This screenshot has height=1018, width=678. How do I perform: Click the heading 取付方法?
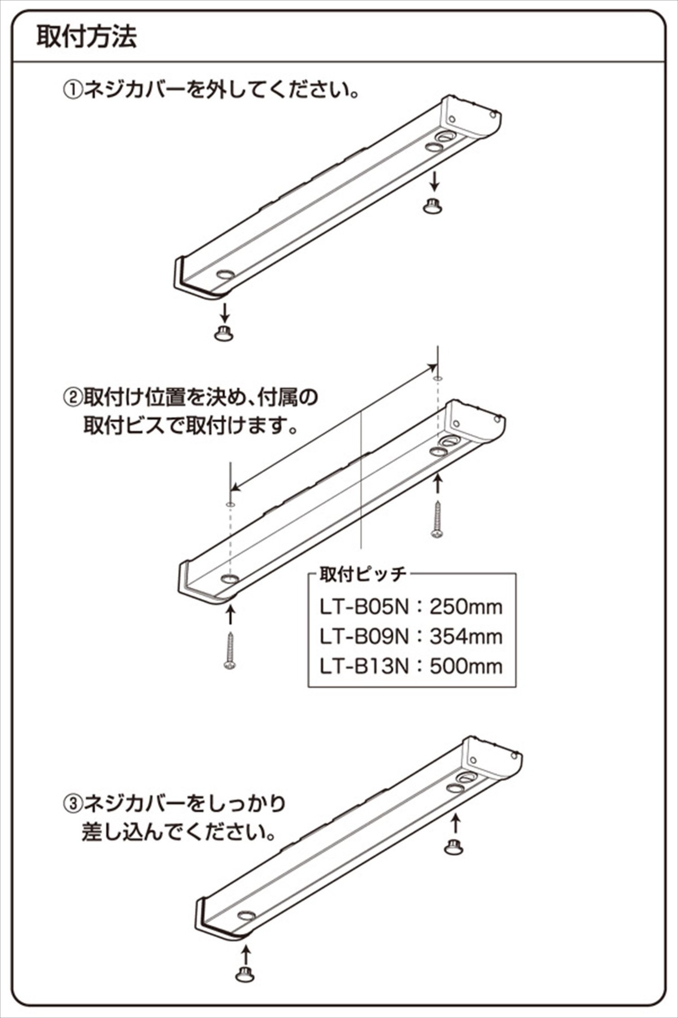click(x=86, y=37)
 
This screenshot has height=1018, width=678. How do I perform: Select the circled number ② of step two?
click(x=73, y=397)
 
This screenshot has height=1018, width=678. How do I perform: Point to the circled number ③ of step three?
click(x=73, y=804)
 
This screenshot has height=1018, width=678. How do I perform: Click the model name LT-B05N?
click(x=364, y=607)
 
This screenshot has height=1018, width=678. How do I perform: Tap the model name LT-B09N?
click(x=364, y=636)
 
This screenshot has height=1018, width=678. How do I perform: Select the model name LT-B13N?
click(x=364, y=666)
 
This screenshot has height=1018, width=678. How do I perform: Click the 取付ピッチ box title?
click(x=362, y=574)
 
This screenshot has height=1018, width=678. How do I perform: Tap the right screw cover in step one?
click(x=433, y=205)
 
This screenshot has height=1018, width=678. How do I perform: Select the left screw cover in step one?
click(x=225, y=334)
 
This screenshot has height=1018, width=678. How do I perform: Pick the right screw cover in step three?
click(x=454, y=847)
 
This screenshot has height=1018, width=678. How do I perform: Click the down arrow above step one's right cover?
click(x=434, y=181)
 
